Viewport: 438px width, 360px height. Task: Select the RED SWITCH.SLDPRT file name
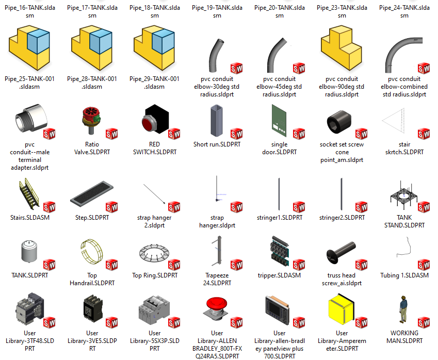[x=154, y=148]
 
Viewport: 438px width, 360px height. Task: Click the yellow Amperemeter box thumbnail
[x=340, y=310]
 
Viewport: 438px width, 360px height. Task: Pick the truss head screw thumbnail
[x=341, y=252]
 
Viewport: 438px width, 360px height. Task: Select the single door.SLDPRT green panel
[x=278, y=122]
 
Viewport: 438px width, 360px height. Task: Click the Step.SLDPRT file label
[x=92, y=218]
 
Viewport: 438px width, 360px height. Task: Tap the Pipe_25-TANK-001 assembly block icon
[x=30, y=48]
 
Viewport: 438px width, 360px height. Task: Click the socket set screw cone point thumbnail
[x=340, y=122]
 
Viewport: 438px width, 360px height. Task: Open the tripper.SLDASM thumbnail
[x=279, y=252]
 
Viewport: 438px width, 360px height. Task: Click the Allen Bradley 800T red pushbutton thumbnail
[x=216, y=310]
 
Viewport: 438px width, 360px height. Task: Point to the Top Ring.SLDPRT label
[x=154, y=275]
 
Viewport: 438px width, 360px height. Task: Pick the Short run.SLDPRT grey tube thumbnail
[x=217, y=122]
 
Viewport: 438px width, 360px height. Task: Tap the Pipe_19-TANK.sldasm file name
[x=217, y=11]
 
